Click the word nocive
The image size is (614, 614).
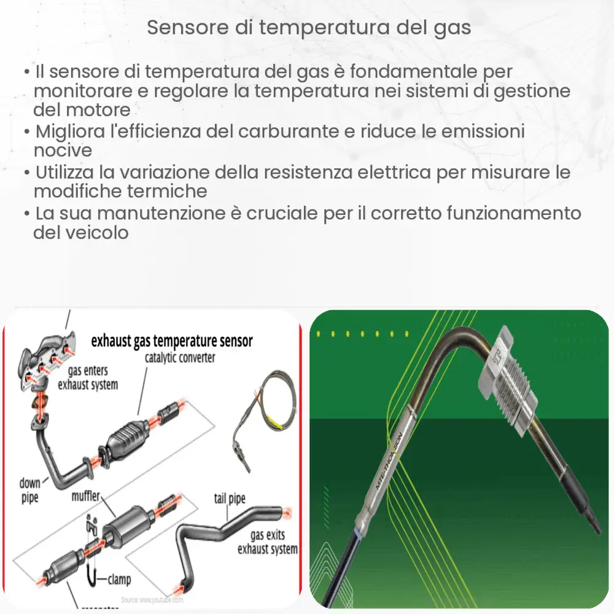coord(63,150)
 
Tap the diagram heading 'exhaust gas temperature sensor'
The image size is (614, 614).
coord(171,341)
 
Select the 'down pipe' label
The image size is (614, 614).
coord(29,490)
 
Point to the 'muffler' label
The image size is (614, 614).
coord(85,495)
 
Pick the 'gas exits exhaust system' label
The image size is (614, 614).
coord(267,542)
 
